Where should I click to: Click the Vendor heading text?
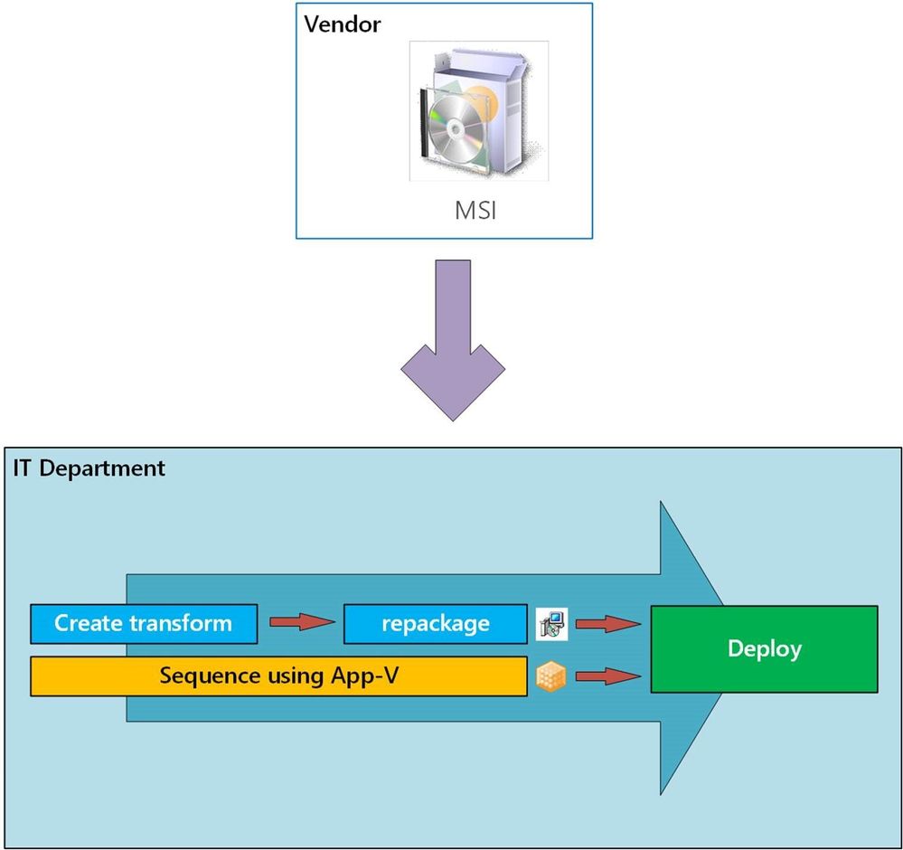click(343, 24)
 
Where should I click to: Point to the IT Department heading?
click(89, 468)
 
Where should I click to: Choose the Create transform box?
click(143, 624)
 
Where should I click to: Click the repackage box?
click(436, 624)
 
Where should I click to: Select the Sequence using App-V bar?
click(278, 676)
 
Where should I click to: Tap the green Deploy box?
click(764, 648)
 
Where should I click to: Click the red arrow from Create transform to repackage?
click(302, 623)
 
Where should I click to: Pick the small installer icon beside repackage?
click(551, 624)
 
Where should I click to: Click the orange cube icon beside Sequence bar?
click(550, 677)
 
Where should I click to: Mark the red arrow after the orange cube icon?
click(608, 676)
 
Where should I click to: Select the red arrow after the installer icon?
click(608, 623)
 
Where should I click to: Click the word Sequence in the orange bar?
click(202, 676)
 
